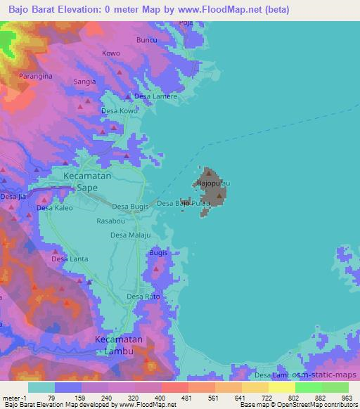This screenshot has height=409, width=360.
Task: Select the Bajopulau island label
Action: pos(213,183)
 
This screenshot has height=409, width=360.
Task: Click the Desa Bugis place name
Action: pos(130,207)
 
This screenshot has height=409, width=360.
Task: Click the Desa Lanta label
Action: pos(70,259)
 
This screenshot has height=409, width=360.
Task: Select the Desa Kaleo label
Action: pos(55,208)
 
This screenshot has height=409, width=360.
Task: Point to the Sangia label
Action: pos(84,82)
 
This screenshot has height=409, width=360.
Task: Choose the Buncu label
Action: pos(146,40)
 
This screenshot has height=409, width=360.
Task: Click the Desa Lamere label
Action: pos(155,96)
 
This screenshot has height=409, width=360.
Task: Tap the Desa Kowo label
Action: pos(120,111)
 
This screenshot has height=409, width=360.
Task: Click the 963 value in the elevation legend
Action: pos(347,398)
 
